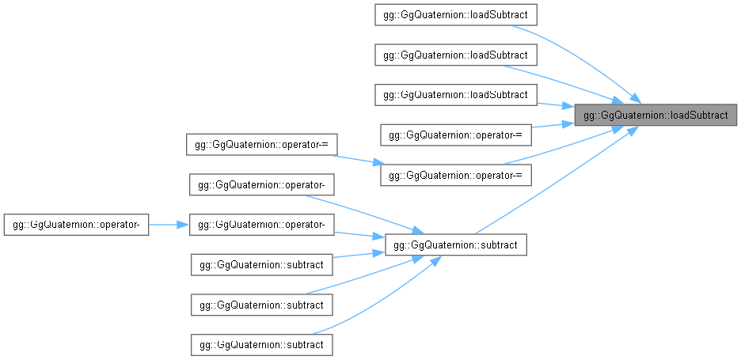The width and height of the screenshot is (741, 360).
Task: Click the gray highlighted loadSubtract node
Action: [x=655, y=115]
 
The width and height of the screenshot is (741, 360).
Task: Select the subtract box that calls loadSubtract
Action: [x=455, y=244]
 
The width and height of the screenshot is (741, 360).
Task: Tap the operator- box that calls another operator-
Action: [x=77, y=225]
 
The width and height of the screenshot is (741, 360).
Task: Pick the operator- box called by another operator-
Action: [x=262, y=225]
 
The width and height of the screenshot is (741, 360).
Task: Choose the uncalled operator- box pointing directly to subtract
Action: [x=262, y=184]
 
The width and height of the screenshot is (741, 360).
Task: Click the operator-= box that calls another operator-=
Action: [x=262, y=145]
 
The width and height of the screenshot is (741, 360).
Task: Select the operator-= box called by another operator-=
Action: [x=456, y=175]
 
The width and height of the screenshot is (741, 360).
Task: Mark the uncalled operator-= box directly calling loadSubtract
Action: [x=456, y=135]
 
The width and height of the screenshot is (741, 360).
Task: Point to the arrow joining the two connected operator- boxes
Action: [x=169, y=225]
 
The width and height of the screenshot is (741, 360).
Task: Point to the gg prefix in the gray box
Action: [x=589, y=116]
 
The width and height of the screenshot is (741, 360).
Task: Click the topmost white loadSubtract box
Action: [x=455, y=15]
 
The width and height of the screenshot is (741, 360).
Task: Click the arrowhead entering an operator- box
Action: [x=184, y=225]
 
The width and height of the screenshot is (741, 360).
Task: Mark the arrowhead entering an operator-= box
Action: [x=379, y=163]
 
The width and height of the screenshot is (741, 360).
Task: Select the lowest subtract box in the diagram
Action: [x=262, y=344]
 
